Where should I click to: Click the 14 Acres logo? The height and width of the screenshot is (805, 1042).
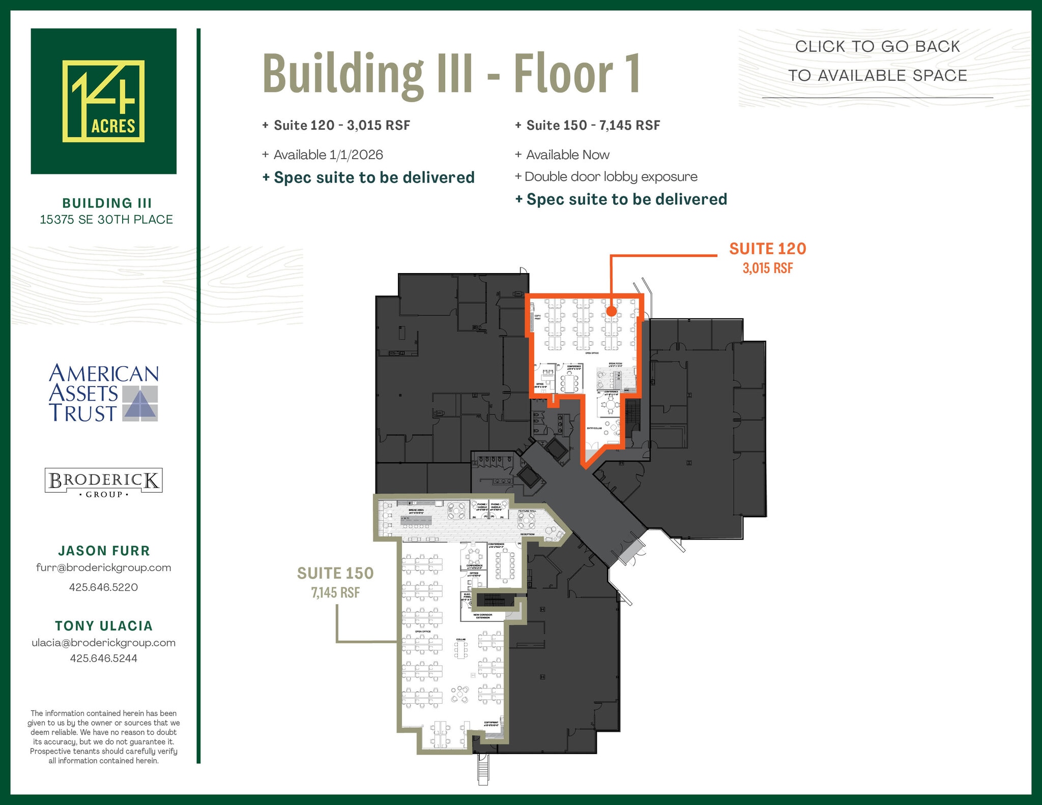(103, 101)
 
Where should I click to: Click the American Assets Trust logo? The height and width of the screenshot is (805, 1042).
(103, 393)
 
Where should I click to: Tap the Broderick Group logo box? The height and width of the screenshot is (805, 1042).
(103, 481)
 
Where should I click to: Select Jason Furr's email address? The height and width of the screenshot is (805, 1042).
(103, 568)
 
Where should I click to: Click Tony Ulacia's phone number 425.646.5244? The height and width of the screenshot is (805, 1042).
(103, 658)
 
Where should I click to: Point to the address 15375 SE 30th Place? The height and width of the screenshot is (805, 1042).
(106, 220)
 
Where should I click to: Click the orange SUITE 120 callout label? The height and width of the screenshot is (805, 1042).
(767, 249)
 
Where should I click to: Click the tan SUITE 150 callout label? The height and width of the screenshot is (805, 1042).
(335, 574)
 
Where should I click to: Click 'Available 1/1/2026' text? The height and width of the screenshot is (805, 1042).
(328, 155)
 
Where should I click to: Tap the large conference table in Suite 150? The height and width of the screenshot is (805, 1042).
(505, 565)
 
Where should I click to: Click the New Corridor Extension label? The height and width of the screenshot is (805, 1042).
(482, 616)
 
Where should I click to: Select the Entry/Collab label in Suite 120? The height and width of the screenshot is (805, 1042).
(594, 428)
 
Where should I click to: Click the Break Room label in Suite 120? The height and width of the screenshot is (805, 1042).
(615, 365)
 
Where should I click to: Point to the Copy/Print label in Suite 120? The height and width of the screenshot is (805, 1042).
(537, 317)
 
